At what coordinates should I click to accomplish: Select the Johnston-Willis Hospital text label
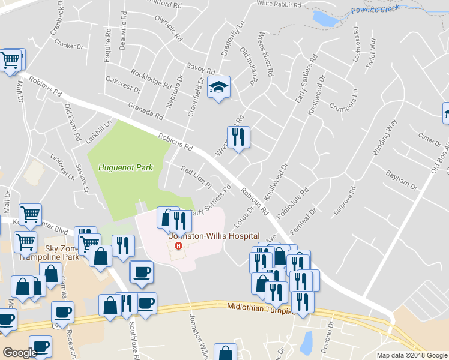tap(214, 236)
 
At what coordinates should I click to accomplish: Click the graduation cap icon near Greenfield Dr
tap(219, 88)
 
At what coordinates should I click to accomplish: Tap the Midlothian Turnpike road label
tap(259, 307)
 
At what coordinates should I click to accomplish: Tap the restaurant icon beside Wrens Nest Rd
tap(238, 137)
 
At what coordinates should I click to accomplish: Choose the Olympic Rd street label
tap(168, 27)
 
